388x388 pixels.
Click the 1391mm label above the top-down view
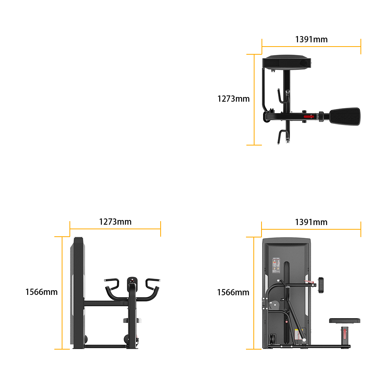point(311,39)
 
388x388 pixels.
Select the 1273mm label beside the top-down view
point(233,99)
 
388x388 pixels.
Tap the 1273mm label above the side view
point(115,222)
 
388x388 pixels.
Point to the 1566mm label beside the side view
point(42,292)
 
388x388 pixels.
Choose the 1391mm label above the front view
point(311,222)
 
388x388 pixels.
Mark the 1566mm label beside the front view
point(233,293)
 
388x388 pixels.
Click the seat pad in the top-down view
point(345,116)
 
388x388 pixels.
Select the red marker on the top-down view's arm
point(309,116)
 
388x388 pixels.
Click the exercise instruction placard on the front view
point(276,266)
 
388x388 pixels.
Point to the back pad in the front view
point(321,285)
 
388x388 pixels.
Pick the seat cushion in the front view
point(345,321)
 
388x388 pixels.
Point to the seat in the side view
point(132,320)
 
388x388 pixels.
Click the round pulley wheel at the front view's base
point(272,339)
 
